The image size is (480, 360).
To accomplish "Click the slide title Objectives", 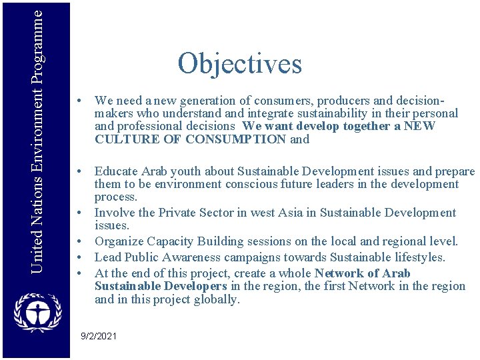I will click(239, 64).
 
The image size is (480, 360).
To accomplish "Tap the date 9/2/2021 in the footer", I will click(98, 336).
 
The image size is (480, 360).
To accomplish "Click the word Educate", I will click(116, 171).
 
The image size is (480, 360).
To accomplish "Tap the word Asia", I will click(301, 213).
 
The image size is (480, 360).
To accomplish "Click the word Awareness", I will click(193, 257).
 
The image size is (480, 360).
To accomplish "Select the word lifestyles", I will click(417, 257).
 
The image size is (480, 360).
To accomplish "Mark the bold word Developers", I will click(193, 286).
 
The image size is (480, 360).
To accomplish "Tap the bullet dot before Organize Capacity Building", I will click(79, 241).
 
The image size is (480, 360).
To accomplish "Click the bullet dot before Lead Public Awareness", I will click(79, 257).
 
